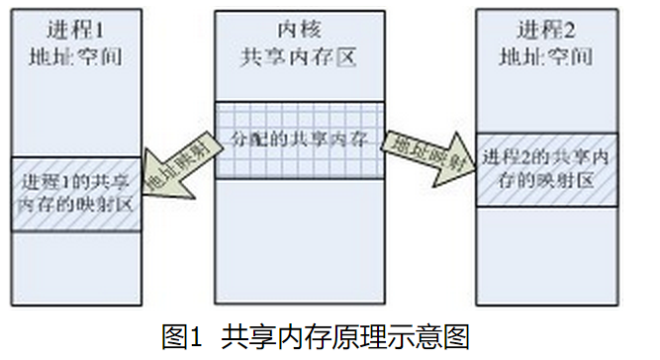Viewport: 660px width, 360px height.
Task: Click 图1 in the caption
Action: coord(184,335)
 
